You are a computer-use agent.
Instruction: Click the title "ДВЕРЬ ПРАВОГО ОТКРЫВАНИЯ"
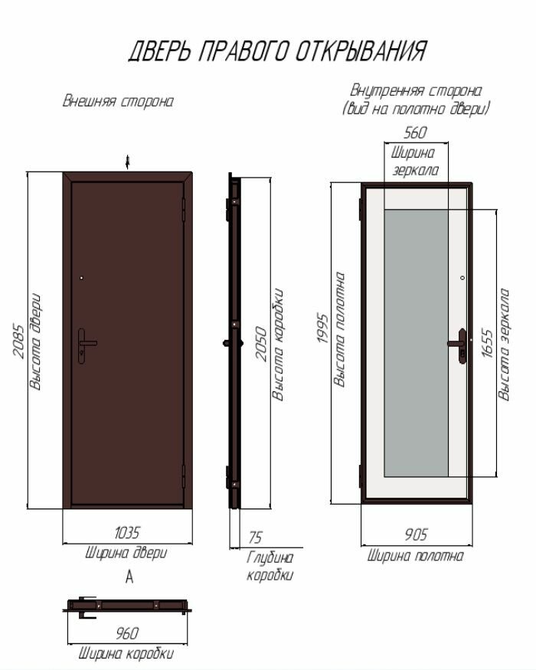(x=277, y=51)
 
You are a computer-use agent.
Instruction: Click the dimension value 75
(x=255, y=538)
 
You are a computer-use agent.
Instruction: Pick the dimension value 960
(x=126, y=634)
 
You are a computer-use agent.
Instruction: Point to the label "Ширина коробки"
(x=126, y=654)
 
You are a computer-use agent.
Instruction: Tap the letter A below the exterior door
(x=129, y=578)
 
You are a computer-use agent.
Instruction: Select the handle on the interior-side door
(x=460, y=344)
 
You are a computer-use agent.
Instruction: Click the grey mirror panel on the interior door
(x=415, y=342)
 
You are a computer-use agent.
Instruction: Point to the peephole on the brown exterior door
(x=81, y=278)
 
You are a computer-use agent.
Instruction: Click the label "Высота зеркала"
(x=504, y=344)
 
